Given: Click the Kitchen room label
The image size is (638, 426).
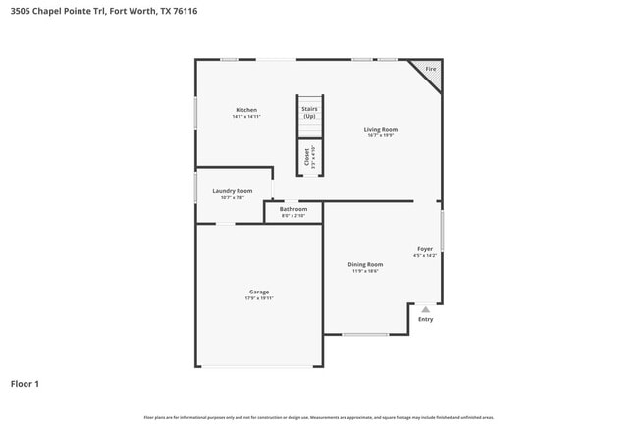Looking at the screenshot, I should pos(245,109).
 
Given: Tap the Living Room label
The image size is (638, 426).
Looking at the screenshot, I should pos(381,129).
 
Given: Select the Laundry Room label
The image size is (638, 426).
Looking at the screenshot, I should pos(232,190).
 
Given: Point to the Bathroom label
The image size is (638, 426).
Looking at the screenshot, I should pos(292,209).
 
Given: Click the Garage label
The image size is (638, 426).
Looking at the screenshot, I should pos(259,292).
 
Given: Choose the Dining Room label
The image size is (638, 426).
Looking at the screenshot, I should pos(365,264).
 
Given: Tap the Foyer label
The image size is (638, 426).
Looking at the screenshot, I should pos(425,249).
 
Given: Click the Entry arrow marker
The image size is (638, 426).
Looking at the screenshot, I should pos(425,309).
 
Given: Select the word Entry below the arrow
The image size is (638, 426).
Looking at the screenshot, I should pos(425,319).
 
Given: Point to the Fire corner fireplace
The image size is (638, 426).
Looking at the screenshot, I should pos(431,70).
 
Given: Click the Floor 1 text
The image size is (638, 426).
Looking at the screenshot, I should pos(25,384).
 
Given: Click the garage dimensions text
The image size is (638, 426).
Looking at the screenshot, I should pos(259,298).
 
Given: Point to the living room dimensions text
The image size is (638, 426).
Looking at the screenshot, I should pos(381,135).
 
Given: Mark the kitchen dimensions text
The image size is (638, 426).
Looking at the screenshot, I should pos(245,116).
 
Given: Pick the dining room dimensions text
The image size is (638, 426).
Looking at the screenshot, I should pos(365,271).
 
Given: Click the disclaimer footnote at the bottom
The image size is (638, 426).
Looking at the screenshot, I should pos(319,417).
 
